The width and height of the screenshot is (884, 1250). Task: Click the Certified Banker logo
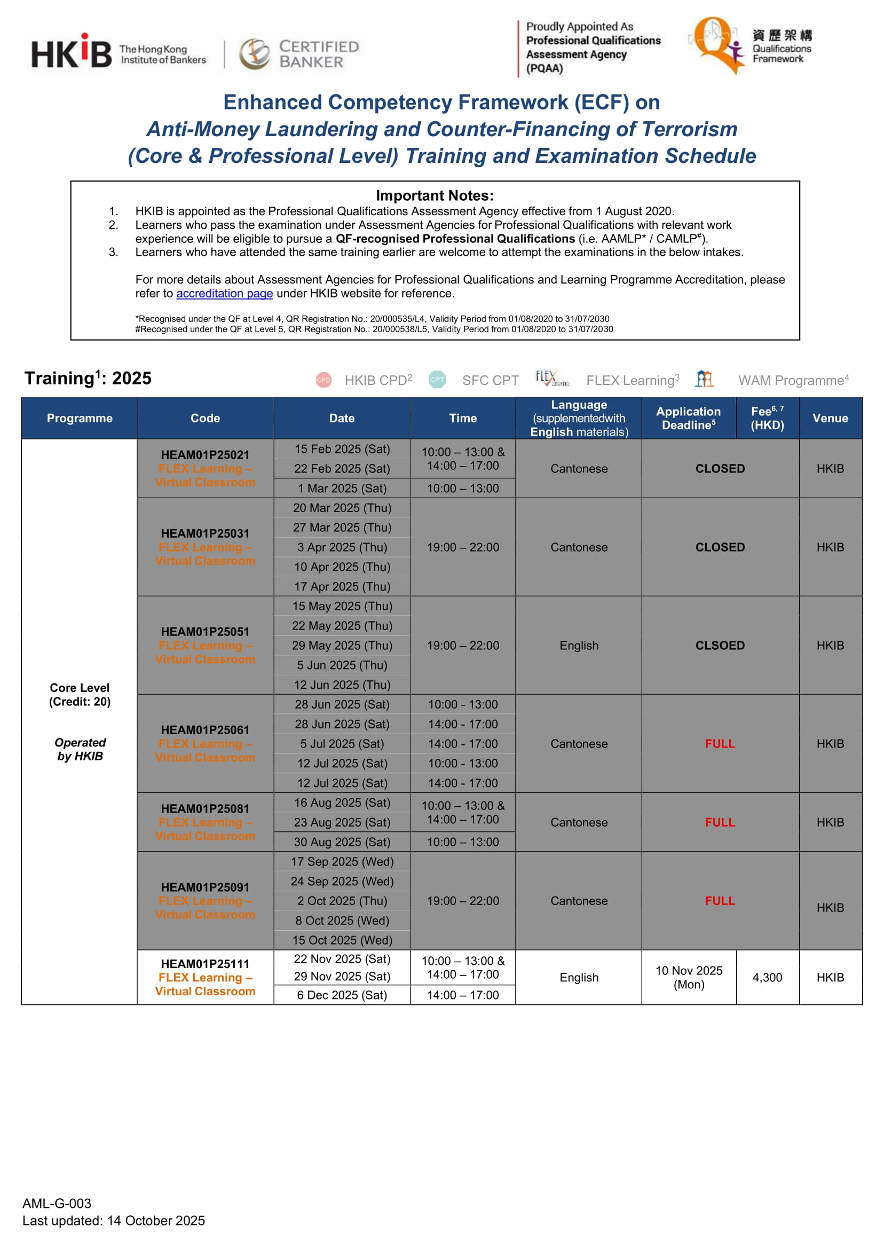tap(299, 54)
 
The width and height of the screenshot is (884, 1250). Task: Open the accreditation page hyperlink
tap(224, 294)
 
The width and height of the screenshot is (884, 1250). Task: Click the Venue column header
tap(830, 418)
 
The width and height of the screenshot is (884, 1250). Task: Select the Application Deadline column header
tap(688, 418)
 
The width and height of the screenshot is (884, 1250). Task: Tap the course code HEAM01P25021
tap(205, 454)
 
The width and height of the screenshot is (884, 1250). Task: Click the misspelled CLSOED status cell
tap(720, 645)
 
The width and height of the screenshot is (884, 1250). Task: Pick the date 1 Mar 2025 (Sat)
tap(342, 489)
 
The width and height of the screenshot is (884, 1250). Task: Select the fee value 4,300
tap(767, 977)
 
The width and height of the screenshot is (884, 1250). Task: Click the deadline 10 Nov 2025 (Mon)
tap(689, 977)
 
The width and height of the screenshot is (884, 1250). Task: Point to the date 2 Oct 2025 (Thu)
tap(342, 900)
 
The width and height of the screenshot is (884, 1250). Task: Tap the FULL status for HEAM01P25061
tap(720, 744)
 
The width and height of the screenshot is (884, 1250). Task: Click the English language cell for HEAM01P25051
tap(579, 645)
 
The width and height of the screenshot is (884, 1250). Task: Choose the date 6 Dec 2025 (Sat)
tap(342, 995)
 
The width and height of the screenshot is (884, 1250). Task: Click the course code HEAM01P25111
tap(205, 964)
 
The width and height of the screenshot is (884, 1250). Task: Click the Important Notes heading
tap(435, 195)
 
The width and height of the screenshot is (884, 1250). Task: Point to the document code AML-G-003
tap(57, 1203)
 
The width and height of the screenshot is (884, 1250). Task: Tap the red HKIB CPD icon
tap(323, 380)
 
